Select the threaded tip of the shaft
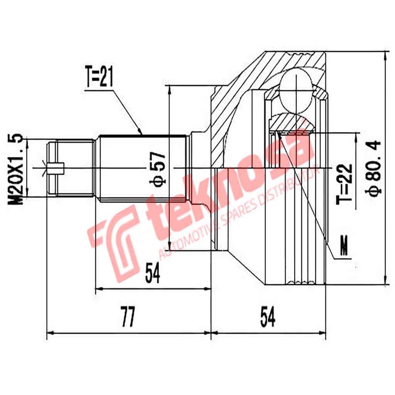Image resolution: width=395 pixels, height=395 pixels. click(x=72, y=168)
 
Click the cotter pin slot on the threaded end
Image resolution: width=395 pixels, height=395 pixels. click(x=55, y=168)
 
